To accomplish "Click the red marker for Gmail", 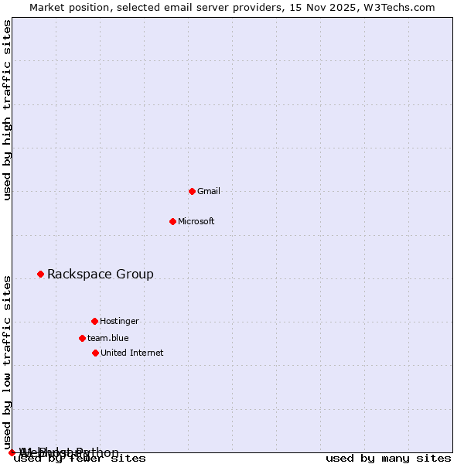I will pyautogui.click(x=192, y=191).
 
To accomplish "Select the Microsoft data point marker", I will pyautogui.click(x=172, y=221).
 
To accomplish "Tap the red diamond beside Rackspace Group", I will pyautogui.click(x=40, y=274).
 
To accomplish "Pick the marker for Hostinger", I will pyautogui.click(x=94, y=321).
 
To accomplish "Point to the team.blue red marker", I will pyautogui.click(x=82, y=338).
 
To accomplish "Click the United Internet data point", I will pyautogui.click(x=95, y=353).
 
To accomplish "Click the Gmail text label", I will pyautogui.click(x=209, y=191).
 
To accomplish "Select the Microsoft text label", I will pyautogui.click(x=196, y=221).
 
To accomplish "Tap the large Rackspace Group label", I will pyautogui.click(x=101, y=274).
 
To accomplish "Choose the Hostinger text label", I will pyautogui.click(x=119, y=321).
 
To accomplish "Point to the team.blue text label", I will pyautogui.click(x=108, y=338).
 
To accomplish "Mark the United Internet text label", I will pyautogui.click(x=132, y=353).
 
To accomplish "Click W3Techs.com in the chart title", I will pyautogui.click(x=402, y=7).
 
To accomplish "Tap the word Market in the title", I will pyautogui.click(x=47, y=7).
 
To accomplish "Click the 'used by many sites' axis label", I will pyautogui.click(x=388, y=458).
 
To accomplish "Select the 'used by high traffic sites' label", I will pyautogui.click(x=7, y=110).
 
